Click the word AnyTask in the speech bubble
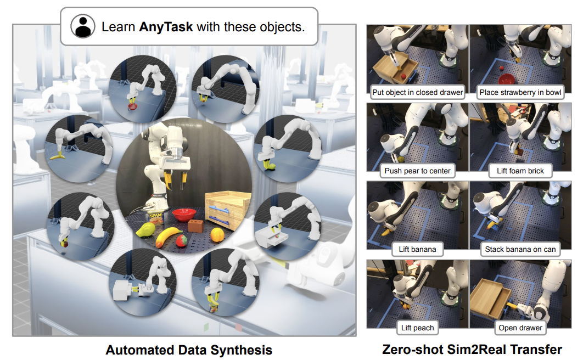166,26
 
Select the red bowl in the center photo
183,213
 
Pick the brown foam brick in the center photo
194,226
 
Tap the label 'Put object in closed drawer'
417,92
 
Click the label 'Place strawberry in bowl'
520,92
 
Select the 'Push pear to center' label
417,171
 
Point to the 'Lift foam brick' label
520,171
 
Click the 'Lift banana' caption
417,249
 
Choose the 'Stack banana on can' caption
520,249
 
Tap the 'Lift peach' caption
417,328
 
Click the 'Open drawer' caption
520,328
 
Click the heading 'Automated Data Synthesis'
189,350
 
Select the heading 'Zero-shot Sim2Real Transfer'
472,350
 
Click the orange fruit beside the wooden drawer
216,234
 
